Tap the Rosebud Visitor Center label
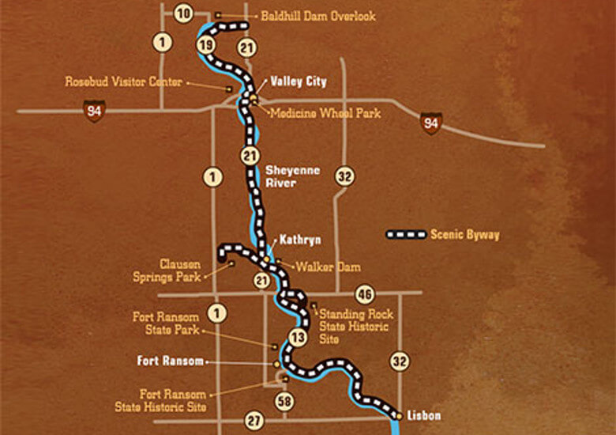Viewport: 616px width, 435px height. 124,81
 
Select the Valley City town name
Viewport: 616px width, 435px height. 298,81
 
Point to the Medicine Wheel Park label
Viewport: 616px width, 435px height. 325,113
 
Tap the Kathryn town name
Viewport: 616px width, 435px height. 299,239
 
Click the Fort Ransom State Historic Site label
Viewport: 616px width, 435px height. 172,400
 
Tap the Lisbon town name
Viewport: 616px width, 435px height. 424,415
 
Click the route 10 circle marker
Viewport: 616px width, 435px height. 183,13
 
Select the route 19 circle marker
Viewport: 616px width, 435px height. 206,45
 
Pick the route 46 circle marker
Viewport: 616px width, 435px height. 364,293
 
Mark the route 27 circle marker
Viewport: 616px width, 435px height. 254,420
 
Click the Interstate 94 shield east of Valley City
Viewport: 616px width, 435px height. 431,123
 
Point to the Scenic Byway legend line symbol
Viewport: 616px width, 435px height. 405,235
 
